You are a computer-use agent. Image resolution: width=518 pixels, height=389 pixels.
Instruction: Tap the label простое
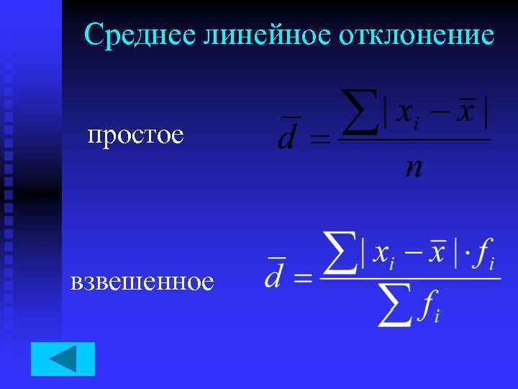click(135, 135)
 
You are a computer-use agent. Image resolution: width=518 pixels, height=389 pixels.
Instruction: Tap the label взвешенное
click(142, 281)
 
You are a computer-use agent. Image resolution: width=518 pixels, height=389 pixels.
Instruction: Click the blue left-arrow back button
click(63, 359)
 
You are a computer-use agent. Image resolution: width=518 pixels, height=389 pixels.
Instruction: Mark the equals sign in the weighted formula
click(303, 278)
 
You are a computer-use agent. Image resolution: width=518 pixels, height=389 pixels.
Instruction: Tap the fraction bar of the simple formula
click(414, 140)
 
